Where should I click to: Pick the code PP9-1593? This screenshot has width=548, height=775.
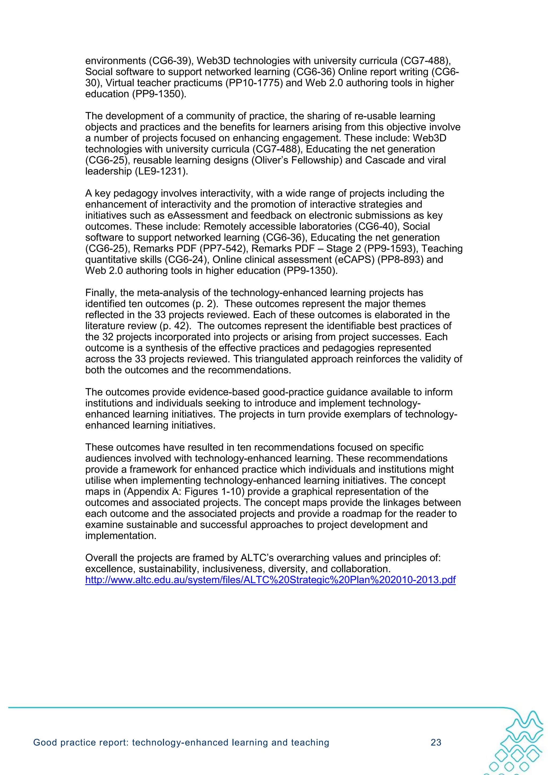383,249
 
